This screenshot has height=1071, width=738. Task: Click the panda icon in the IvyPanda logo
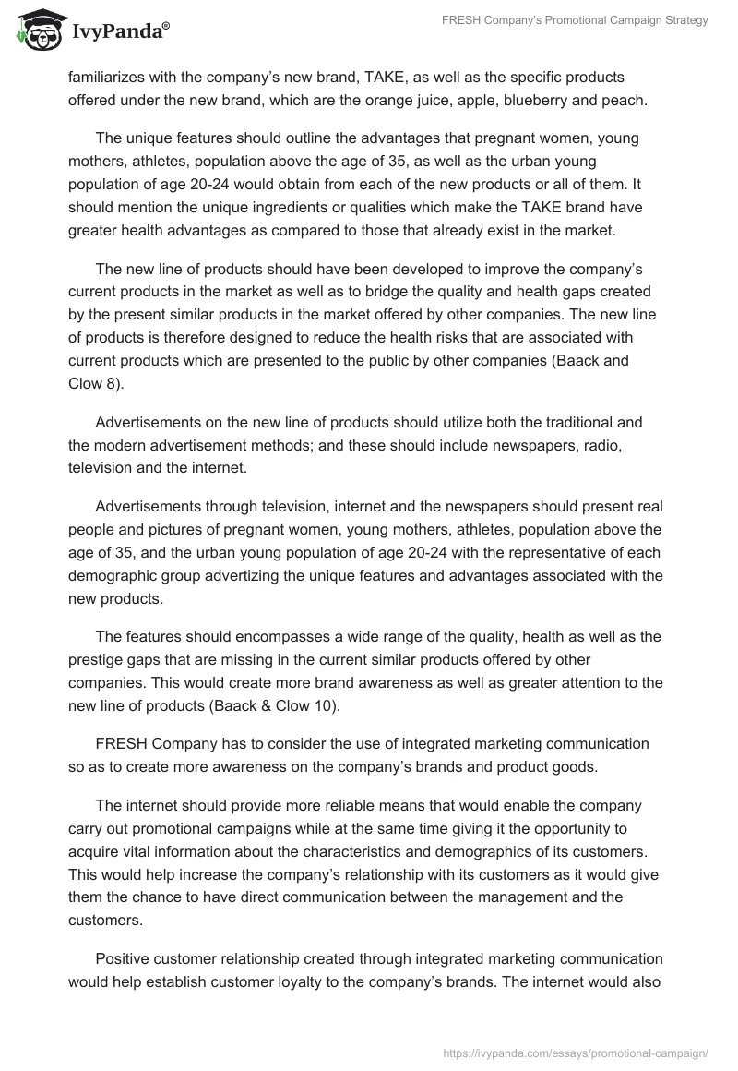click(37, 31)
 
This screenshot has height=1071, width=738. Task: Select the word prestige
click(97, 660)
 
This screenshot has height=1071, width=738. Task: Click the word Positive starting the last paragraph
click(122, 958)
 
